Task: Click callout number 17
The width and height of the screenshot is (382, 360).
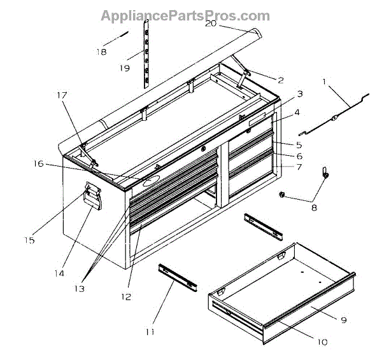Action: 61,96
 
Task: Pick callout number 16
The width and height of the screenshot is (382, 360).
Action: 39,164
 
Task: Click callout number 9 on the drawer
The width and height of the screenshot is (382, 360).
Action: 343,320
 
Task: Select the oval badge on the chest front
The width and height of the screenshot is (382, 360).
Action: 152,181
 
